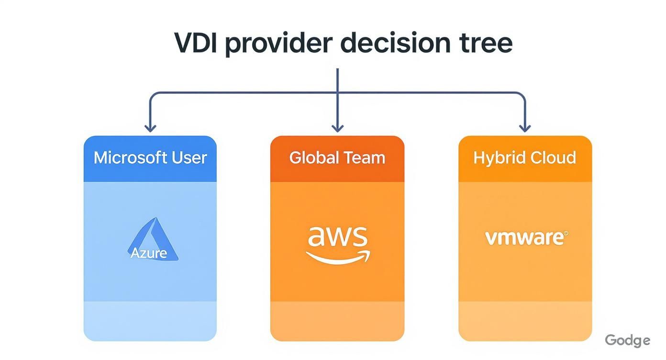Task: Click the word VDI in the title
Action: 196,43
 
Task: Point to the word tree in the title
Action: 485,43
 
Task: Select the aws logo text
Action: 337,236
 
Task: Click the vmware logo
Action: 525,237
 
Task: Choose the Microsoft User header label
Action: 150,158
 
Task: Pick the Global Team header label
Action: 337,158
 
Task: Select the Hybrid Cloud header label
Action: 525,158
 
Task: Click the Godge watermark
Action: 627,340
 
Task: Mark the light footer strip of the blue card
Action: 150,321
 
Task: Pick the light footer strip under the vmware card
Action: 525,321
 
